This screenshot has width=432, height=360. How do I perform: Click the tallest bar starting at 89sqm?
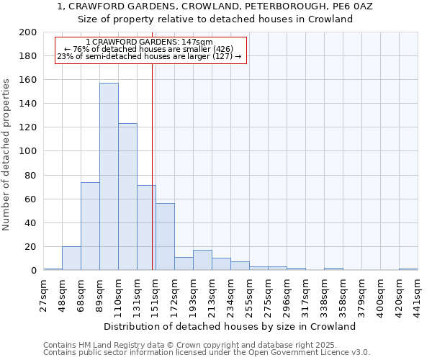(x=109, y=176)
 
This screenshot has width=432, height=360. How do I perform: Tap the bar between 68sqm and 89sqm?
(x=90, y=226)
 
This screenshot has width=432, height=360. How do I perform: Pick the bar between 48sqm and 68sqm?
(x=71, y=258)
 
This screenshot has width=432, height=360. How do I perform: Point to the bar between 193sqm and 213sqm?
(x=202, y=260)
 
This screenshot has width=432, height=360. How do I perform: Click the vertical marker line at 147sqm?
(x=153, y=166)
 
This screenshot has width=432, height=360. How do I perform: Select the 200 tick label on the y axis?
(x=28, y=32)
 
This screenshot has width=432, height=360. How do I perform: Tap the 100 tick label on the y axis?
(x=28, y=151)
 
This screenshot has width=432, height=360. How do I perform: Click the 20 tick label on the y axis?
(x=31, y=247)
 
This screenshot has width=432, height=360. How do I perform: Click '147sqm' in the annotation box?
(x=197, y=42)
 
